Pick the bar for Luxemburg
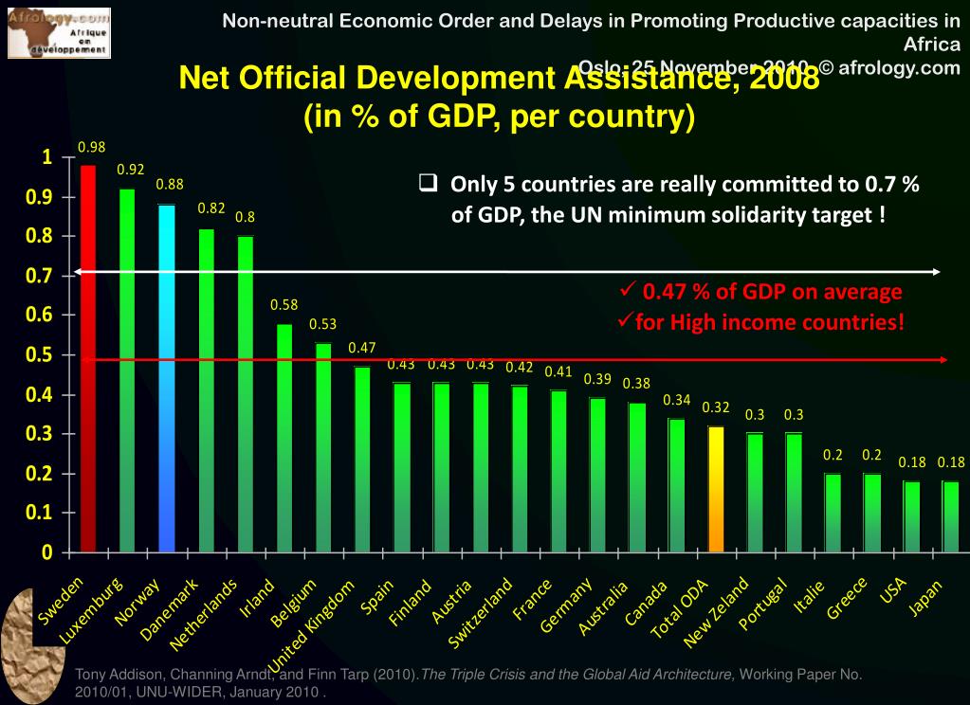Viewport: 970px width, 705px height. click(127, 370)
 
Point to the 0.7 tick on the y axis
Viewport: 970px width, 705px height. click(45, 277)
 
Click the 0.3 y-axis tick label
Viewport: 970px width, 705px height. click(45, 434)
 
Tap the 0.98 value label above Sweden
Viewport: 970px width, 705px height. click(91, 147)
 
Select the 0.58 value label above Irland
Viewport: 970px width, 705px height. click(284, 305)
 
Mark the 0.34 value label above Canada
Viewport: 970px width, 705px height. click(677, 399)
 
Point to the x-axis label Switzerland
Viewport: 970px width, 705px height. click(482, 612)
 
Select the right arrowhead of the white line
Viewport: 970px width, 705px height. click(937, 272)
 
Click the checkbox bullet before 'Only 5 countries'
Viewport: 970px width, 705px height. click(428, 183)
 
